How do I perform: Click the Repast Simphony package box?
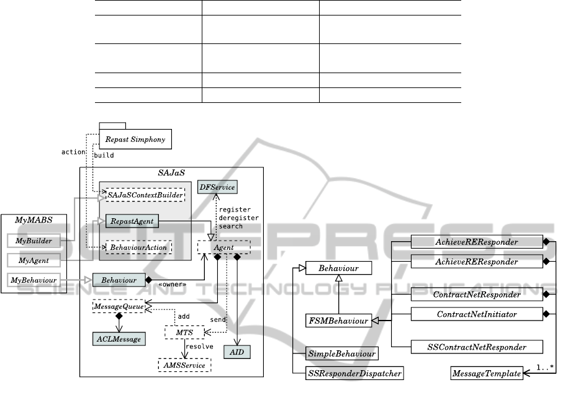(x=135, y=139)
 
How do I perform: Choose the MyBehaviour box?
(x=34, y=280)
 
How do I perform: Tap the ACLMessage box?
(x=118, y=339)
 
